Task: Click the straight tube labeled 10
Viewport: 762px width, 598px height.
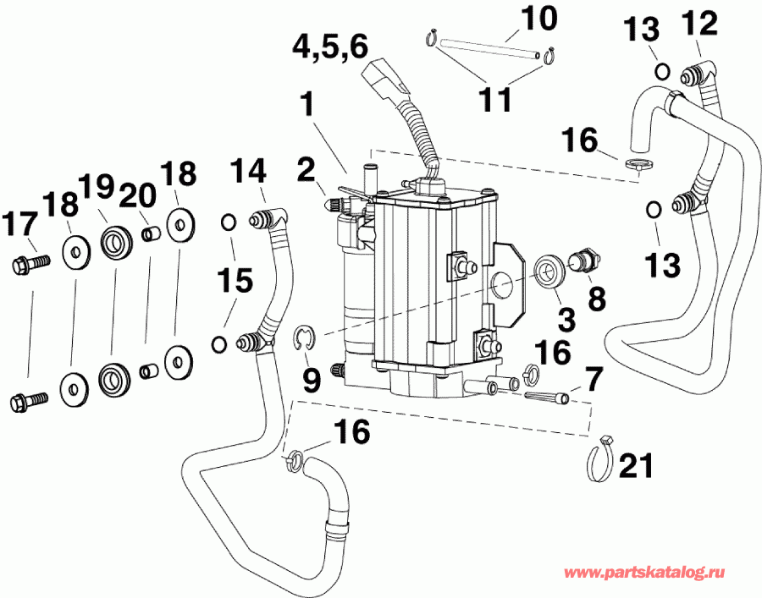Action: [483, 45]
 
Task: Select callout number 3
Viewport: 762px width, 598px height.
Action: [566, 319]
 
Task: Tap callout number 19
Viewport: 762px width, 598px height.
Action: [97, 184]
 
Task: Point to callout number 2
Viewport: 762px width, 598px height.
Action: [306, 167]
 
